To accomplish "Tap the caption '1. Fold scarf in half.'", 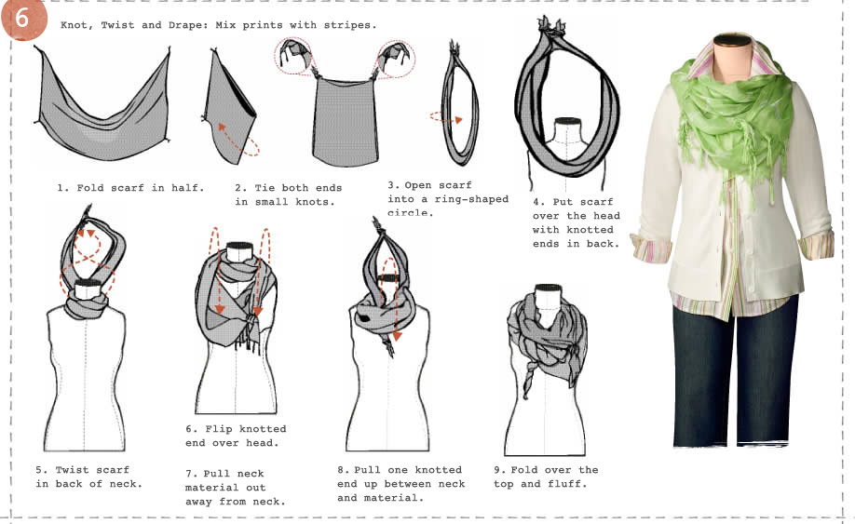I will (x=129, y=187).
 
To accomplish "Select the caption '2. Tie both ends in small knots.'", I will (x=283, y=195).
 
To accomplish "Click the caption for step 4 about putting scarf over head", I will (x=576, y=222).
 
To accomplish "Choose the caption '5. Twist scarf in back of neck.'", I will (x=88, y=477).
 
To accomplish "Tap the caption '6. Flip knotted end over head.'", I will (x=235, y=436).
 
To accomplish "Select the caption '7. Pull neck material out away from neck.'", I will (x=235, y=487).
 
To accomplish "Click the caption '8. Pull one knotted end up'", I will (x=400, y=483).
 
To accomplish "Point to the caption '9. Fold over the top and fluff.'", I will (x=546, y=477).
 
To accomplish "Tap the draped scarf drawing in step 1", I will (x=102, y=102).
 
